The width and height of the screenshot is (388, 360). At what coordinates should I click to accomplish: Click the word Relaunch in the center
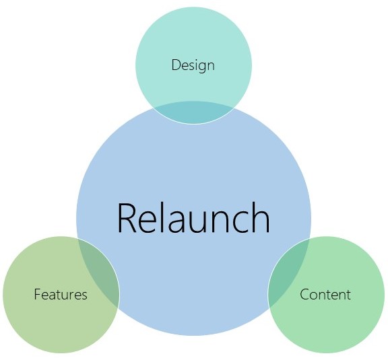[x=194, y=217]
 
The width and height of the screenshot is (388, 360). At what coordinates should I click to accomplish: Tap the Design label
[x=193, y=65]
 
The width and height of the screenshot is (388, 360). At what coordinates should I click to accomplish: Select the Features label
[x=61, y=294]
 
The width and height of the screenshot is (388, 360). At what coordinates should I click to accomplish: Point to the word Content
[x=325, y=294]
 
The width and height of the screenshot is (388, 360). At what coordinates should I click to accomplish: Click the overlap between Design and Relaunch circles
[x=193, y=112]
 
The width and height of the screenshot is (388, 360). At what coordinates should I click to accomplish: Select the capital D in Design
[x=176, y=65]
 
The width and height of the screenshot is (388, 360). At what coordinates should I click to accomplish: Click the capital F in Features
[x=38, y=294]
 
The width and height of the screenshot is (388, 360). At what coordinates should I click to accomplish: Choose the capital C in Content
[x=304, y=294]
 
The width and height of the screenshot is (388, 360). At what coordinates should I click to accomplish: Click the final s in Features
[x=84, y=296]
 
